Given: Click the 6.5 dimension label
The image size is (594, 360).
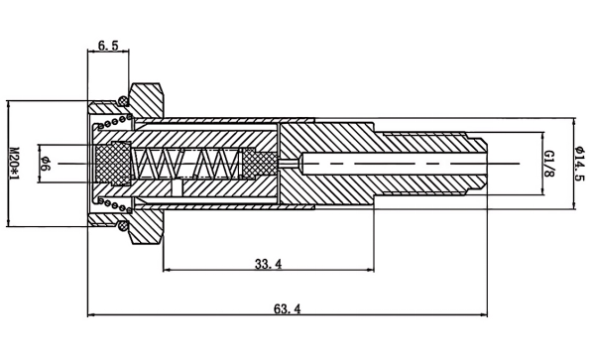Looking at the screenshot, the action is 108,46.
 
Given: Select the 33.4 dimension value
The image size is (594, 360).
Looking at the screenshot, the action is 268,264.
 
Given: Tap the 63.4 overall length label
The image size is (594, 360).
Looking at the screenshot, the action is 288,308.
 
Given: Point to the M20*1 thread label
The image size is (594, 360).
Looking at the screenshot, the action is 14,164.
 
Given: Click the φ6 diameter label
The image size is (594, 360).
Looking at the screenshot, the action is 45,164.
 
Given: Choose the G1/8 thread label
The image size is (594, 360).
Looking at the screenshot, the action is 549,164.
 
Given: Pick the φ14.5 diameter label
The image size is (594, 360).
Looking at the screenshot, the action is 579,164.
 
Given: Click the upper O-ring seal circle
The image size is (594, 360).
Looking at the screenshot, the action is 123,101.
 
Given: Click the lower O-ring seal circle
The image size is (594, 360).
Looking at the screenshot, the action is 123,226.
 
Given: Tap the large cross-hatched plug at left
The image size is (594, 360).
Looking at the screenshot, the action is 113,164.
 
